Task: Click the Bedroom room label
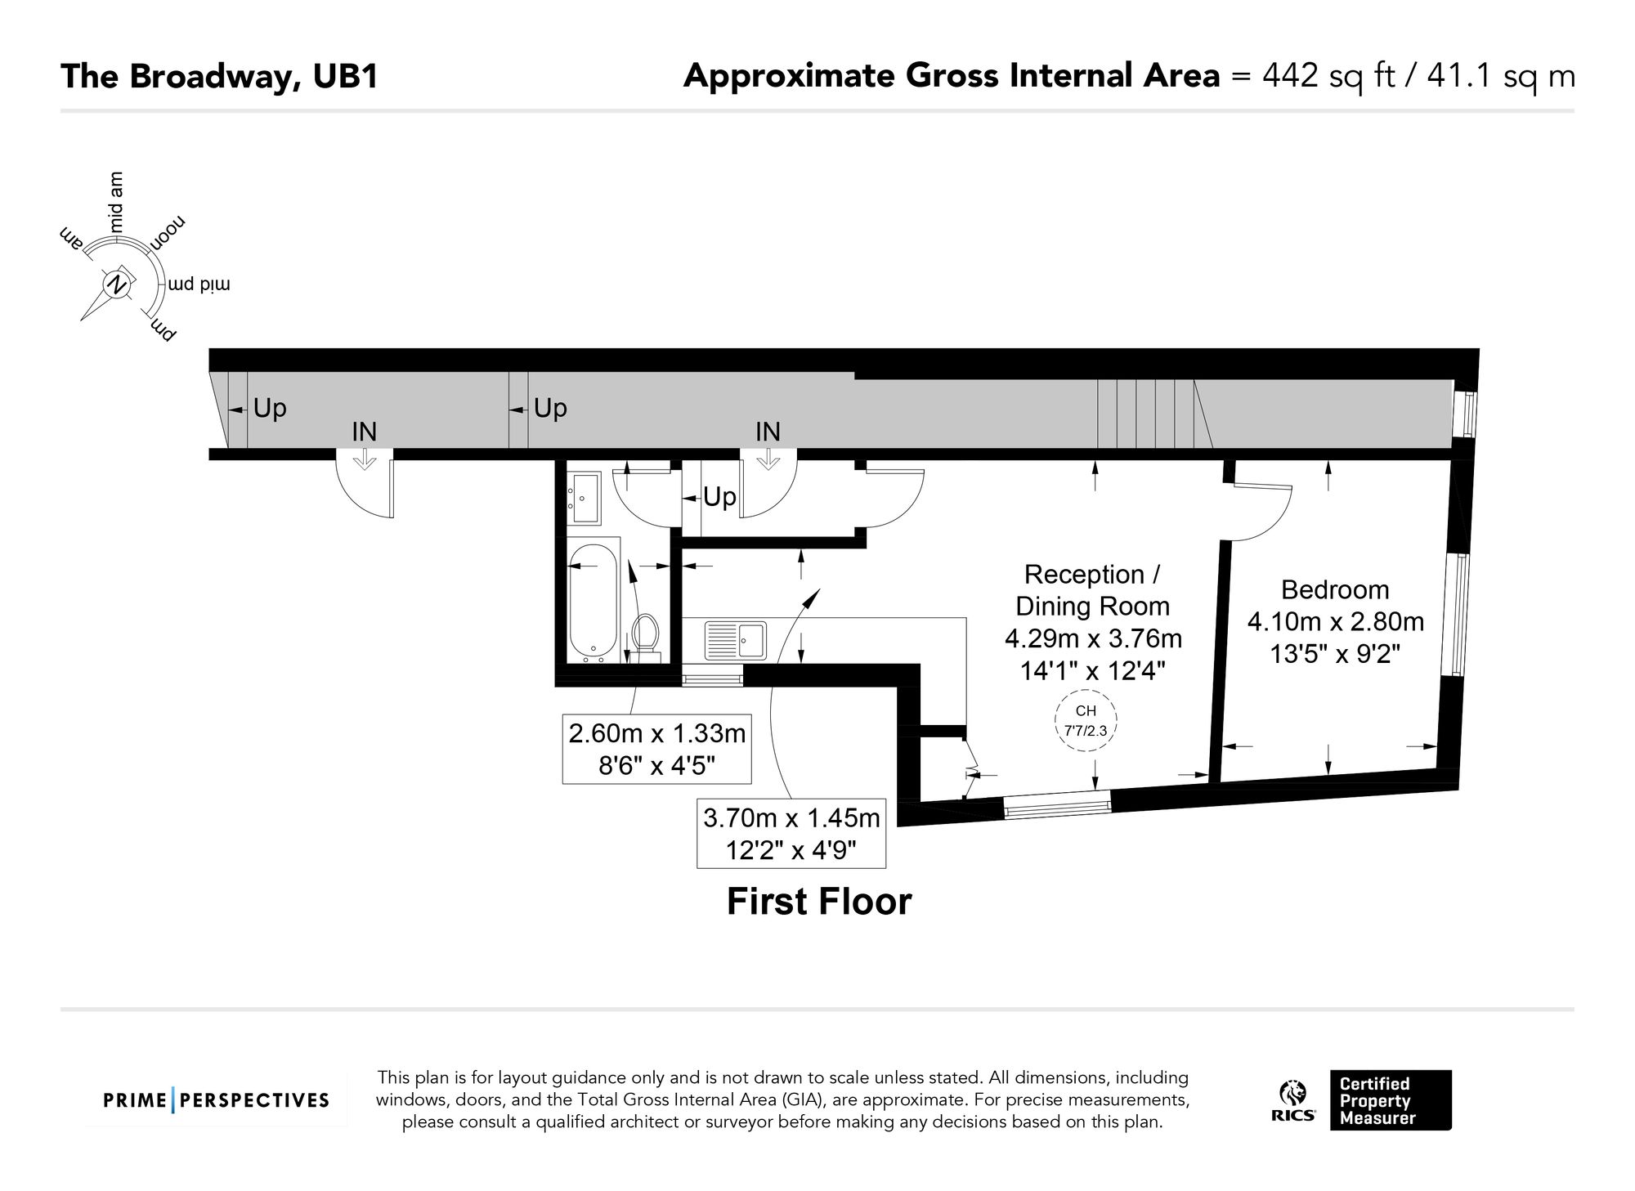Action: (1335, 589)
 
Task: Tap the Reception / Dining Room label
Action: (1092, 590)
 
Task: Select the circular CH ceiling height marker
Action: (1086, 720)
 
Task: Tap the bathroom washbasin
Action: (584, 498)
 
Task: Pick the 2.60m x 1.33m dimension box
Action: (656, 750)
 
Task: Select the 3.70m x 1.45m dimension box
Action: (791, 833)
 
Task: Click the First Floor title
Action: (819, 902)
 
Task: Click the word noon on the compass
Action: (168, 235)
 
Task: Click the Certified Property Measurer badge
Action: (1391, 1100)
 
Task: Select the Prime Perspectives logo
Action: (216, 1100)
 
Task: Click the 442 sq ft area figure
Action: (1328, 76)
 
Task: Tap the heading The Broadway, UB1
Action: (219, 77)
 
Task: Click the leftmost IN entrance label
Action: (365, 432)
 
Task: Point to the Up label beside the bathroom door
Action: (719, 497)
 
